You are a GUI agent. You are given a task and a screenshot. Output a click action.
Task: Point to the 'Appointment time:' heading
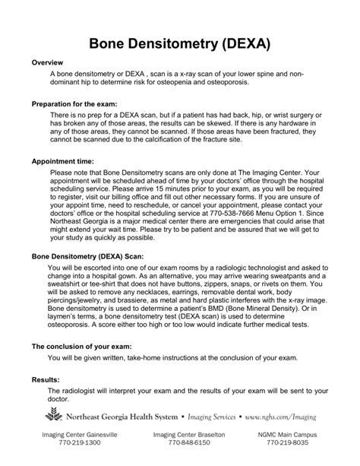coord(63,162)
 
